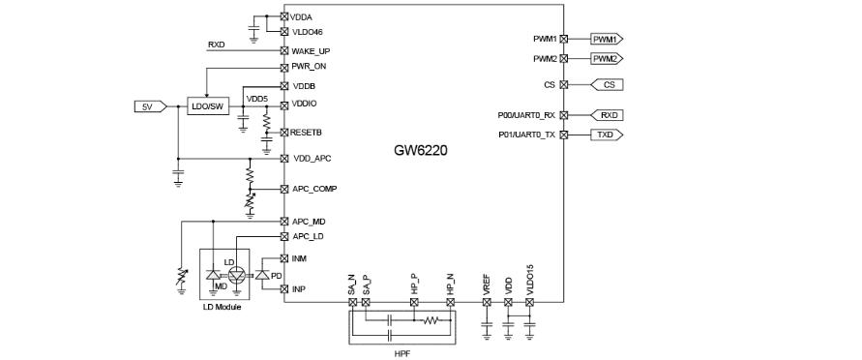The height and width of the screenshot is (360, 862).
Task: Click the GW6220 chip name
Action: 421,151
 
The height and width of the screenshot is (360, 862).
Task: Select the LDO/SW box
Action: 208,106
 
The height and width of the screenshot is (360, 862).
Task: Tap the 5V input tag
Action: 151,106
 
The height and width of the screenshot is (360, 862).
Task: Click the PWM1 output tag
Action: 607,39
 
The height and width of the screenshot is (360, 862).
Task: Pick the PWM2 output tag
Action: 607,59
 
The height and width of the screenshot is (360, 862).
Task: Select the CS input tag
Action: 607,84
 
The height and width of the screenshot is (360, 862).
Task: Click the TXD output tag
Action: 607,135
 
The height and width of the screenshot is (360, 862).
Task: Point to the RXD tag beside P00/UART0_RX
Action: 607,115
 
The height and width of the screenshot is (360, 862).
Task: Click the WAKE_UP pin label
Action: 311,51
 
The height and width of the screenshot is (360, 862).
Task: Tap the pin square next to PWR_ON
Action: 284,68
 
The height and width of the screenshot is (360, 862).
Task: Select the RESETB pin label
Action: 307,133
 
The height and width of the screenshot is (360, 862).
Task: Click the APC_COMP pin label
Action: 314,189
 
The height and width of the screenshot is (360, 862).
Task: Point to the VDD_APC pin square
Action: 284,159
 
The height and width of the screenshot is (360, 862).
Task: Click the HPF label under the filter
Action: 401,353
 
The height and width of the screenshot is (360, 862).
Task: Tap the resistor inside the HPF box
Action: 432,320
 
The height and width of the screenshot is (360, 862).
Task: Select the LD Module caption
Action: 223,307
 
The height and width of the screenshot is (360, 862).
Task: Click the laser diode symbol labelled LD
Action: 237,275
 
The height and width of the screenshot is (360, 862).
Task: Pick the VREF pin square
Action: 487,302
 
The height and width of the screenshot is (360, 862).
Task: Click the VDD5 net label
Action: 256,99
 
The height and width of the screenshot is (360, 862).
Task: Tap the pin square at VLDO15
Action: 529,302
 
